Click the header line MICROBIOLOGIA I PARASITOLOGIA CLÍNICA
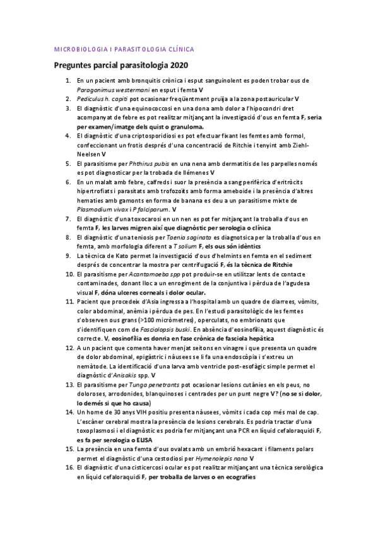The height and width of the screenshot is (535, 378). pos(124,49)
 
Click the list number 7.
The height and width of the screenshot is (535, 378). pos(69,218)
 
